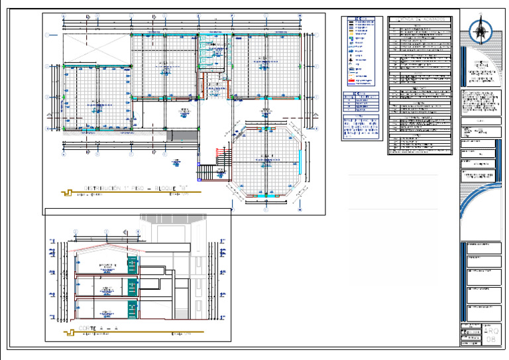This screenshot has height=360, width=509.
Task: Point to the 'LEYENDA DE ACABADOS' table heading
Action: point(422,21)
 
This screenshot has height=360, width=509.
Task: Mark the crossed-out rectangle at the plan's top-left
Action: point(95,46)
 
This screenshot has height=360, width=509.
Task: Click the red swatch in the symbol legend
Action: point(351,81)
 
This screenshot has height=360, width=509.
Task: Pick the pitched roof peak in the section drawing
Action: point(106,245)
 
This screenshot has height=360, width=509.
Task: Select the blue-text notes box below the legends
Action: point(362,128)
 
